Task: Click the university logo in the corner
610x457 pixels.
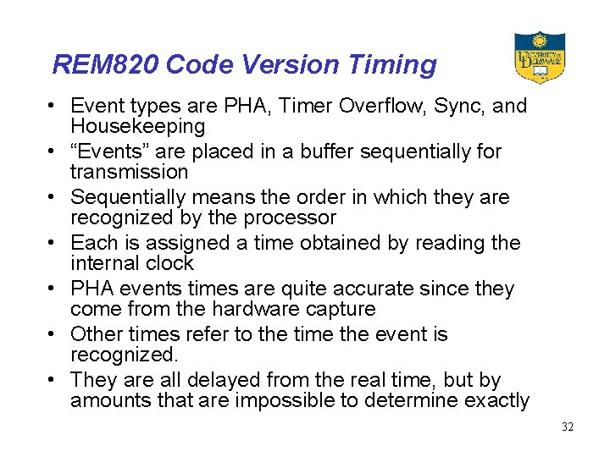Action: (x=539, y=57)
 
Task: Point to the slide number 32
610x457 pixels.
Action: (x=567, y=427)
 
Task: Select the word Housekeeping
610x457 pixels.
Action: (x=137, y=127)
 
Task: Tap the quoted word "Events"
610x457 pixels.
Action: (x=106, y=152)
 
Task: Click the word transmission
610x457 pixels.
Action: (x=129, y=173)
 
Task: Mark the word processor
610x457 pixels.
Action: (x=288, y=218)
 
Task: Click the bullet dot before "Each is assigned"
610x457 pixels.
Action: (x=53, y=244)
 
